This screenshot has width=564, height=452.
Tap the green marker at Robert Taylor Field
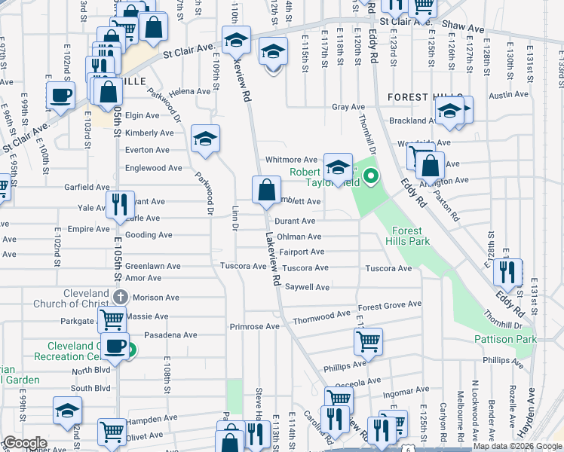click(370, 178)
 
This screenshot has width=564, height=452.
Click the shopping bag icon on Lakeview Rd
click(266, 190)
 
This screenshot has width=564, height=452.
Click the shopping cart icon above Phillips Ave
click(368, 341)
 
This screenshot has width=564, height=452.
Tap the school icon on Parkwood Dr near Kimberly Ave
click(205, 139)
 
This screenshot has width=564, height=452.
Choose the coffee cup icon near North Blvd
click(115, 347)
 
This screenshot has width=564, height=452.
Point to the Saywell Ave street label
click(307, 287)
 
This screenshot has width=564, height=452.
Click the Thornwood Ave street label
click(322, 313)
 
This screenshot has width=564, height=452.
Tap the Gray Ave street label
click(348, 107)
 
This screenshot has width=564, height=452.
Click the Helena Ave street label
click(189, 91)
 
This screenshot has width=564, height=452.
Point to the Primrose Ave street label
click(254, 327)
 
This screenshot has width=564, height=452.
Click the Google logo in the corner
click(24, 443)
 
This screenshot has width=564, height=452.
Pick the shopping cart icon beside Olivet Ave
click(112, 432)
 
